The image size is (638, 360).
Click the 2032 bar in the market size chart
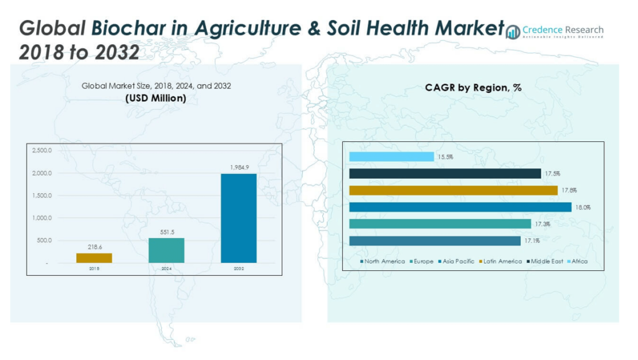point(239,218)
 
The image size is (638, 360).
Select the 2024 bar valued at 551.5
point(166,250)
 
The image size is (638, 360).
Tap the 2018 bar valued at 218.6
point(94,258)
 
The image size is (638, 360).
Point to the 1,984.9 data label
point(239,168)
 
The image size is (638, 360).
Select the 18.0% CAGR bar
point(460,207)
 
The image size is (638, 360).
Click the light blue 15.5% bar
point(391,157)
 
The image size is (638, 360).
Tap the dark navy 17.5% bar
point(445,174)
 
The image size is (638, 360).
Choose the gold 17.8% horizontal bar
point(453,191)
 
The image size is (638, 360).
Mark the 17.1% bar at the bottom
point(434,241)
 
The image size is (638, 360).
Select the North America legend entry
point(383,262)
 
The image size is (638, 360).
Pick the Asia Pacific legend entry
point(457,262)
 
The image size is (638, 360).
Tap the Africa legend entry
point(576,262)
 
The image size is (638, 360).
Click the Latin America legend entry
point(502,262)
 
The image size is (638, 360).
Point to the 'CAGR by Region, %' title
point(473,88)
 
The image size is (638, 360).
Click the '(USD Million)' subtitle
point(156,98)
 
